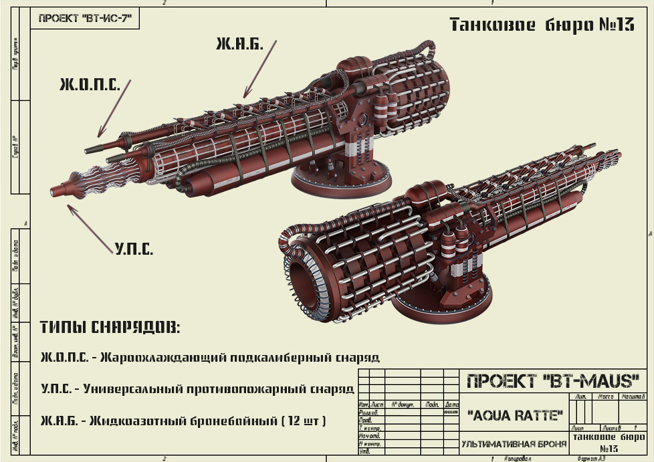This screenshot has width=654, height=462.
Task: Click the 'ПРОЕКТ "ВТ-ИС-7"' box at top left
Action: point(84,19)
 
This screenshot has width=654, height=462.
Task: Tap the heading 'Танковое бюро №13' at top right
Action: point(541,25)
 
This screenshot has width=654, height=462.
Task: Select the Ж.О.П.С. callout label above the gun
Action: point(90,84)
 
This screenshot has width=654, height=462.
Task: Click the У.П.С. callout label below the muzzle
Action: point(133,250)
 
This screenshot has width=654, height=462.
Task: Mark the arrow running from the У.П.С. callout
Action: point(90,227)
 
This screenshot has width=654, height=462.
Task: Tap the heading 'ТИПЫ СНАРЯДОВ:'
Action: point(110,328)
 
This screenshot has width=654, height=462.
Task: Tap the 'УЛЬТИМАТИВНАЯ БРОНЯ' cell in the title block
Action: point(514,443)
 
